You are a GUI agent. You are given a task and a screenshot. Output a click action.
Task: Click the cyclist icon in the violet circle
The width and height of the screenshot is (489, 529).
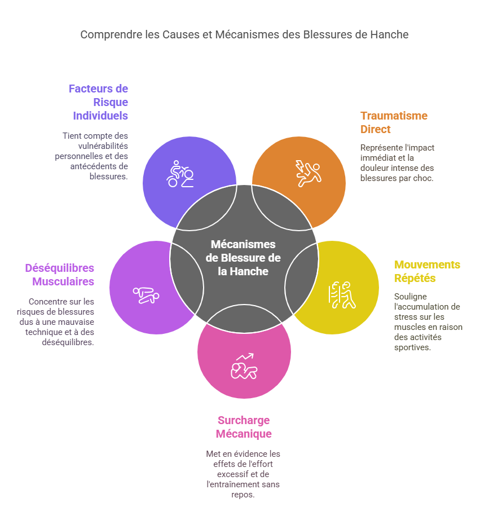click(x=180, y=174)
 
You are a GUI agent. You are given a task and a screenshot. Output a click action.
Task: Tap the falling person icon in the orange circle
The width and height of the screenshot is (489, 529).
click(x=308, y=173)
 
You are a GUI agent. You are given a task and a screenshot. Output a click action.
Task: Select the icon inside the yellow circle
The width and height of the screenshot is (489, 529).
click(x=342, y=294)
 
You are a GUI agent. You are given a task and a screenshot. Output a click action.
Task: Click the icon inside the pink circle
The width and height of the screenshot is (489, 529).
click(x=244, y=367)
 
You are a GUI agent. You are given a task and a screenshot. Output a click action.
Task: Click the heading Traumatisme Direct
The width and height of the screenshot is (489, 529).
click(x=394, y=122)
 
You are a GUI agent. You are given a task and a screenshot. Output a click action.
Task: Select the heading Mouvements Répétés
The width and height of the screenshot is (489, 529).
click(x=427, y=271)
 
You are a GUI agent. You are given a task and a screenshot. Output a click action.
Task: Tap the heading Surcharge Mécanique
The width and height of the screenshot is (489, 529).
click(x=244, y=427)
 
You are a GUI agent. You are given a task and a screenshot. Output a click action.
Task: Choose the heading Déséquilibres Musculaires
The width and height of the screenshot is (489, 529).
click(x=59, y=275)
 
